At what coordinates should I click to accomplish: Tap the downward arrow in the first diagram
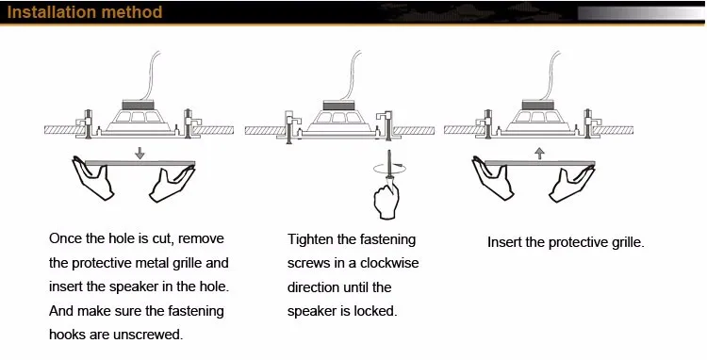tap(140, 152)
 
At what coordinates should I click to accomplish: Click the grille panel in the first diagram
tap(140, 164)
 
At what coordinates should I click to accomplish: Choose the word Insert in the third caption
tap(504, 242)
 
